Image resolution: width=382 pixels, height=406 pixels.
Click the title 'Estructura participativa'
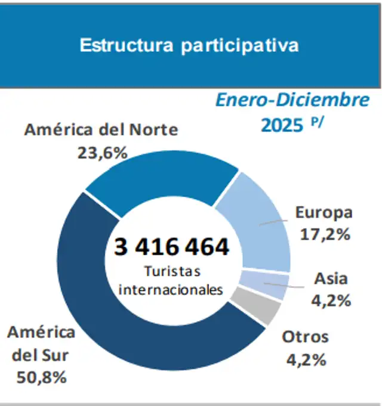coord(189,46)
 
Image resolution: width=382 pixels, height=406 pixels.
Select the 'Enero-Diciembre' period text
coord(292,100)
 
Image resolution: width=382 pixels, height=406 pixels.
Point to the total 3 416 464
coord(171,246)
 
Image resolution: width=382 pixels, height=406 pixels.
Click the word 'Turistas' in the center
coord(172,271)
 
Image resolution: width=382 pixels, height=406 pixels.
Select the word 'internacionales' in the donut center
coord(171,290)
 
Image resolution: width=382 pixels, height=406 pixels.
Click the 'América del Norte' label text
coord(101,130)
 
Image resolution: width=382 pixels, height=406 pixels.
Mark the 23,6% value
coord(102,152)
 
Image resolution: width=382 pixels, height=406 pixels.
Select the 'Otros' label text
coord(305,337)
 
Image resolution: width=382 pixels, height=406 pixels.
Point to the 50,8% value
coord(42,377)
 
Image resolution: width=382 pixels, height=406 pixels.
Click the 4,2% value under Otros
coord(304,359)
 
